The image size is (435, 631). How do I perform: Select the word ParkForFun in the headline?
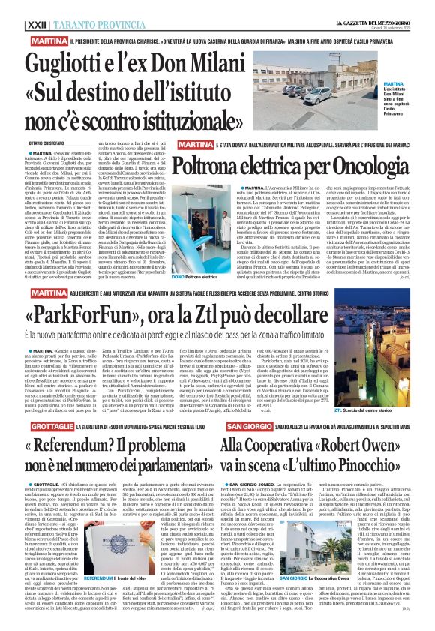click(x=98, y=311)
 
